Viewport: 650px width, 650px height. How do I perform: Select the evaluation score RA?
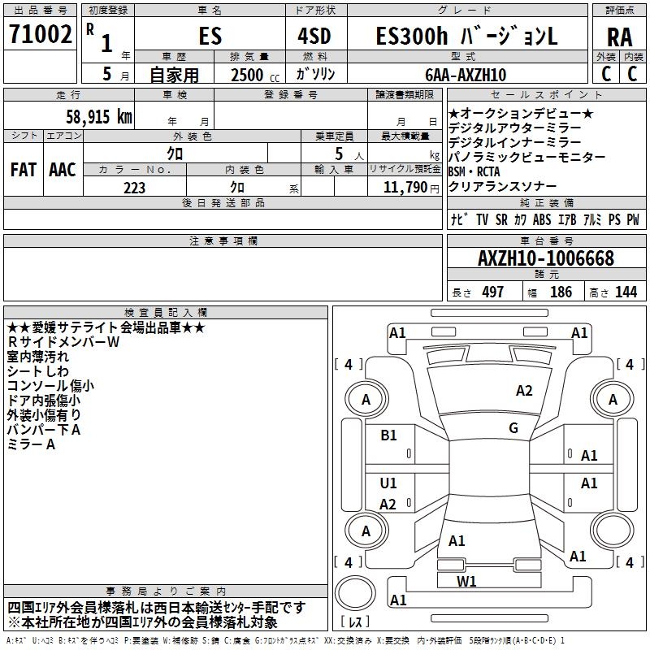619,37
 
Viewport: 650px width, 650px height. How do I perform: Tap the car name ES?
210,37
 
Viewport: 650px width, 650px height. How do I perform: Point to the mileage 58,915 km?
91,117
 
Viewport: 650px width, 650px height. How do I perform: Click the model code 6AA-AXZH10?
466,75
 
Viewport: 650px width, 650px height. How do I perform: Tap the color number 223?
135,188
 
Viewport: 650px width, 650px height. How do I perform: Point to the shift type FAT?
23,170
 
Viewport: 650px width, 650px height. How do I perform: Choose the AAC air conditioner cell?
62,170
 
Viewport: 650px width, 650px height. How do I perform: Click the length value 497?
492,292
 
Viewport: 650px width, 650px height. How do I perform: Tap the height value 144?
626,292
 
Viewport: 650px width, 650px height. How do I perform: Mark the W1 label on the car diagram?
466,581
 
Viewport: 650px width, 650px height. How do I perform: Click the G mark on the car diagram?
513,428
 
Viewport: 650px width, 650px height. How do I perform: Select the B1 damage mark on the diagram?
389,435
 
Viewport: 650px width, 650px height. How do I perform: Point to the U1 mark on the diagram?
389,483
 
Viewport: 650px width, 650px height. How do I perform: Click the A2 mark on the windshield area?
524,391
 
